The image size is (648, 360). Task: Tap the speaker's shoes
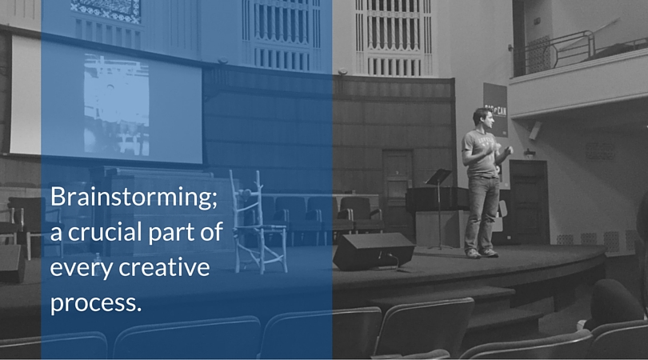482,253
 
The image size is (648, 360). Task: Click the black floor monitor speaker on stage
373,251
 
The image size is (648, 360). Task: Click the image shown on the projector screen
117,105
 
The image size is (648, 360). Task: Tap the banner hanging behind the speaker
495,110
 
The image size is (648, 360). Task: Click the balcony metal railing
553,52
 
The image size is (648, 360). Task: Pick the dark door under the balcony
529,202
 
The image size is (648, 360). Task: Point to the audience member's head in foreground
613,301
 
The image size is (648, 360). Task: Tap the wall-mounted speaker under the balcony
534,130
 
